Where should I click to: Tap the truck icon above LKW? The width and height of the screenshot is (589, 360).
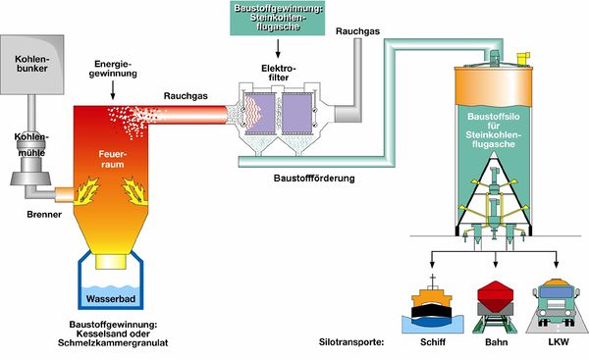(x=557, y=301)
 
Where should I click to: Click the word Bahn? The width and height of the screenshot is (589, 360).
(x=494, y=341)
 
